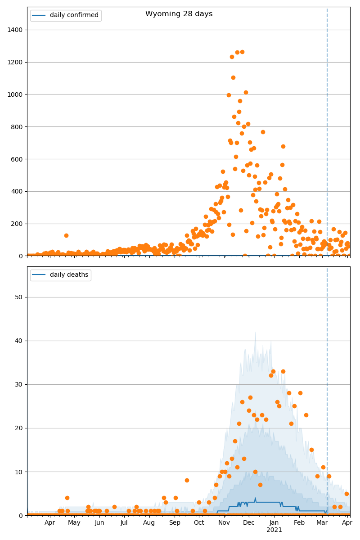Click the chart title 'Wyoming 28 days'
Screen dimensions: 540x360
point(179,14)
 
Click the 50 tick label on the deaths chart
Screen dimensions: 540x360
point(18,297)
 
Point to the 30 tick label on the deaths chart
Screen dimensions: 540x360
point(18,384)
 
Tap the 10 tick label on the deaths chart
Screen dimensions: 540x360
point(18,472)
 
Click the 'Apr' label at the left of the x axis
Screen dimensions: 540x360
point(49,522)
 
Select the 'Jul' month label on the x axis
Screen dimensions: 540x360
point(124,522)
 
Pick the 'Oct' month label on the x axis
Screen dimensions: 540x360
point(199,522)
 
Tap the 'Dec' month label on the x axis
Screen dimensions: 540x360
point(249,522)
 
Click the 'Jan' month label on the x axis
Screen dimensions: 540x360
point(274,522)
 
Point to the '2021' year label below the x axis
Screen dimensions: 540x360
point(274,530)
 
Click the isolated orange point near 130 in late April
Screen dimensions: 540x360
point(66,235)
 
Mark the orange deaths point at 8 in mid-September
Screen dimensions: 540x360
point(187,480)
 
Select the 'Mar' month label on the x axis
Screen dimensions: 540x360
point(322,522)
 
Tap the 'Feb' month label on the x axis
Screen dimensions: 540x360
point(299,522)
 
